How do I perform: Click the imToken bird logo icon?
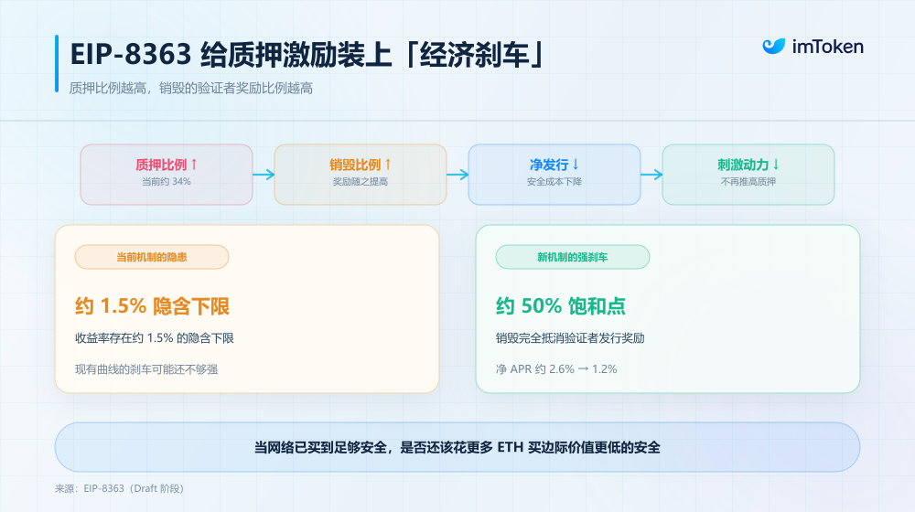click(774, 46)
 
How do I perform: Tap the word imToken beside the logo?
click(827, 47)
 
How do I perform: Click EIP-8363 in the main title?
click(131, 54)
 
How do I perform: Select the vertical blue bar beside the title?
click(57, 64)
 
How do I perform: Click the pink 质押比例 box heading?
click(167, 165)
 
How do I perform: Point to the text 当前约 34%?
click(167, 182)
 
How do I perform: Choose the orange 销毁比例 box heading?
click(360, 165)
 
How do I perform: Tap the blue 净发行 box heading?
click(554, 165)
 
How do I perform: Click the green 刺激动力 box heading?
click(748, 165)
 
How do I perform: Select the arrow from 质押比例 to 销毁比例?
click(264, 175)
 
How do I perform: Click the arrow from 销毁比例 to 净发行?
click(457, 175)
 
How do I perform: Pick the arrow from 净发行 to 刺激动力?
click(651, 175)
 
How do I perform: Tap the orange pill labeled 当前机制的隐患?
click(152, 257)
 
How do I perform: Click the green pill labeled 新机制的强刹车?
click(573, 257)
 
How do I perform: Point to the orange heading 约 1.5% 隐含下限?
click(152, 306)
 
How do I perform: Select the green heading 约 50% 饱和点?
click(561, 306)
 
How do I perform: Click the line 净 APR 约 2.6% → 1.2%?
click(556, 369)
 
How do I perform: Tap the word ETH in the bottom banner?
click(510, 447)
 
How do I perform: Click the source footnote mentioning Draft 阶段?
click(119, 488)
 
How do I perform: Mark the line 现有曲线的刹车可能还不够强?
click(146, 369)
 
